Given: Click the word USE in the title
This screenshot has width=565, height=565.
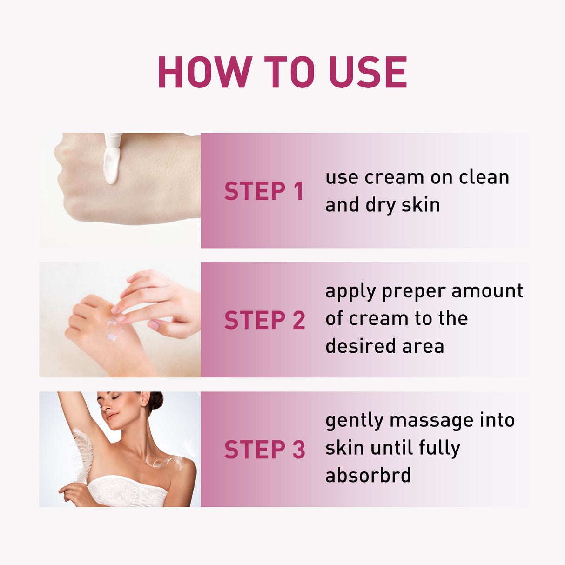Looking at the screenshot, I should (368, 72).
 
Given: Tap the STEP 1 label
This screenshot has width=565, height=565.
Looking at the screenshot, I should (264, 191).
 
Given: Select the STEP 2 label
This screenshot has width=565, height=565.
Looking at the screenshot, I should (264, 320).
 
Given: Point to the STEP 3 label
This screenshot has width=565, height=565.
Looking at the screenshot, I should (264, 450).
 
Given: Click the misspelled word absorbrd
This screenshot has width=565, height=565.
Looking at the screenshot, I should (368, 476).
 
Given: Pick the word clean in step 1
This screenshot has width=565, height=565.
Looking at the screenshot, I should (484, 177).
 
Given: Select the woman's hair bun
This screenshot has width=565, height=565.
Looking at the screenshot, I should (155, 400).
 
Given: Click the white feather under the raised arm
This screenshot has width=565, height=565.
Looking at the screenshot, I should (83, 454).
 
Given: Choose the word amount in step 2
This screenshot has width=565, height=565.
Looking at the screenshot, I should (487, 291).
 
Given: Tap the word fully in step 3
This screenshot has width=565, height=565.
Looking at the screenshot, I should (439, 449).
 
